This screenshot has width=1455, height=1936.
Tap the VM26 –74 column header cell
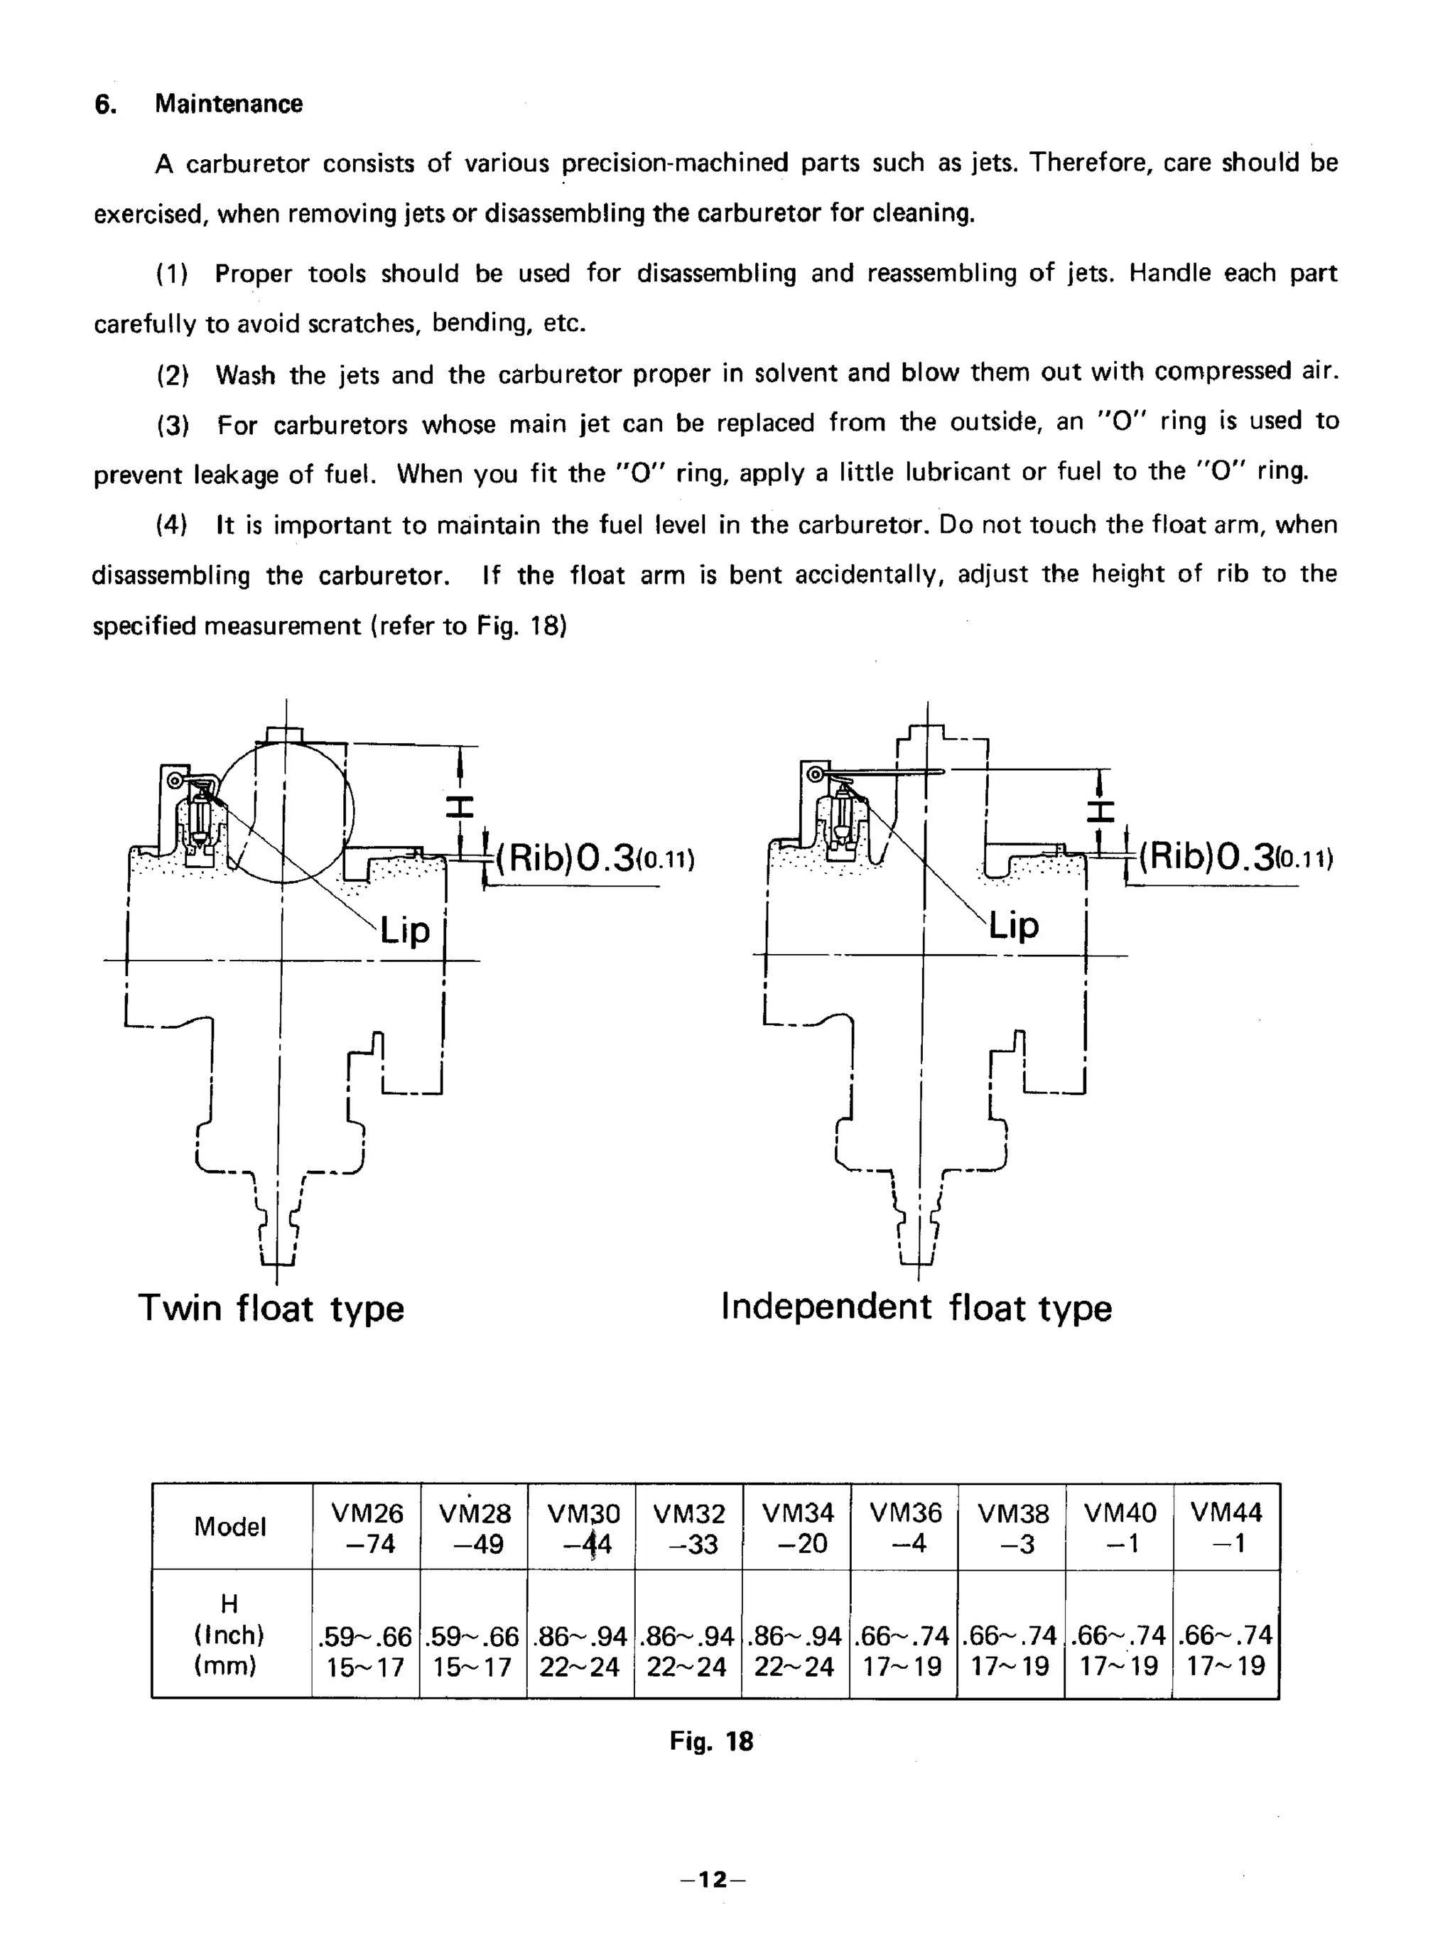coord(366,1527)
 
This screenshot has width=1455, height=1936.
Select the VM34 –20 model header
coord(796,1527)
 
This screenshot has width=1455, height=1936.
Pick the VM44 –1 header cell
coord(1226,1527)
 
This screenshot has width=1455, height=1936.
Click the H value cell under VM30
coord(580,1650)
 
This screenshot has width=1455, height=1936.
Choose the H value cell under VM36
coord(904,1650)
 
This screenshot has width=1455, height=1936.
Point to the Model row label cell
coord(230,1527)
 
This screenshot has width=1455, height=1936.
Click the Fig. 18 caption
coord(711,1741)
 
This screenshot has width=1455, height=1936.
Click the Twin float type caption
coord(271,1309)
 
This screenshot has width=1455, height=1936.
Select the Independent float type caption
coord(916,1307)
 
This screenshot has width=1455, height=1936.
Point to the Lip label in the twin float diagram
coord(404,931)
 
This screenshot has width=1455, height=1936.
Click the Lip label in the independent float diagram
coord(1014,925)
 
